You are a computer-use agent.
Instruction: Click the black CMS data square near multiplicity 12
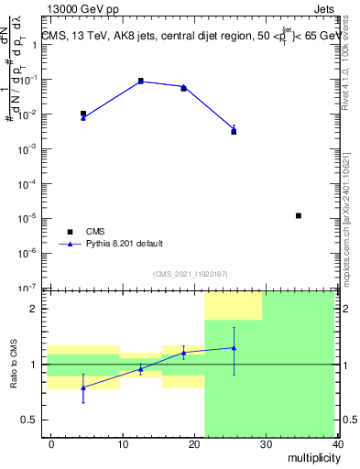click(140, 81)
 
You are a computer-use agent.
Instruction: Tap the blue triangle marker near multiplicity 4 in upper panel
click(83, 118)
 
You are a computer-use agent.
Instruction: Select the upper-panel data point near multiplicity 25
click(234, 131)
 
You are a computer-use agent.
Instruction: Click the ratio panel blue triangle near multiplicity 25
click(234, 348)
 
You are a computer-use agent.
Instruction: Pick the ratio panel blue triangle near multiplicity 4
click(83, 387)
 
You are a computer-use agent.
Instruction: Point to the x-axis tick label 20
click(194, 443)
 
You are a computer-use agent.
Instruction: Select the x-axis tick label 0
click(51, 443)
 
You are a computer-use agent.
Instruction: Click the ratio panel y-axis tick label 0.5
click(31, 420)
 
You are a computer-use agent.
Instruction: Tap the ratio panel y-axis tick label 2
click(36, 309)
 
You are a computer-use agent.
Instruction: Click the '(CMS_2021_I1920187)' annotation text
click(190, 274)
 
